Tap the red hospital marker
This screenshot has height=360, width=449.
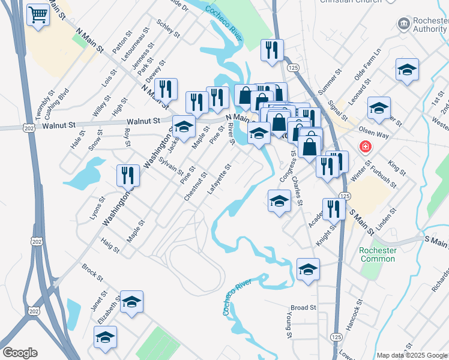click(x=364, y=147)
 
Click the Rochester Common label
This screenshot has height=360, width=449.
click(x=378, y=254)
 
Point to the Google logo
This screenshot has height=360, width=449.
click(x=20, y=353)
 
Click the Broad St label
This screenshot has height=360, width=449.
click(x=304, y=308)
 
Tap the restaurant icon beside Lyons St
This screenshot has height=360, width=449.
click(x=128, y=175)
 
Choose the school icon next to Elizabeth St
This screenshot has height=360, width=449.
click(x=131, y=301)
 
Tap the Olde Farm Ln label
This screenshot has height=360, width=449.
click(x=368, y=66)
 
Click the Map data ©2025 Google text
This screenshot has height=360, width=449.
click(x=412, y=355)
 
